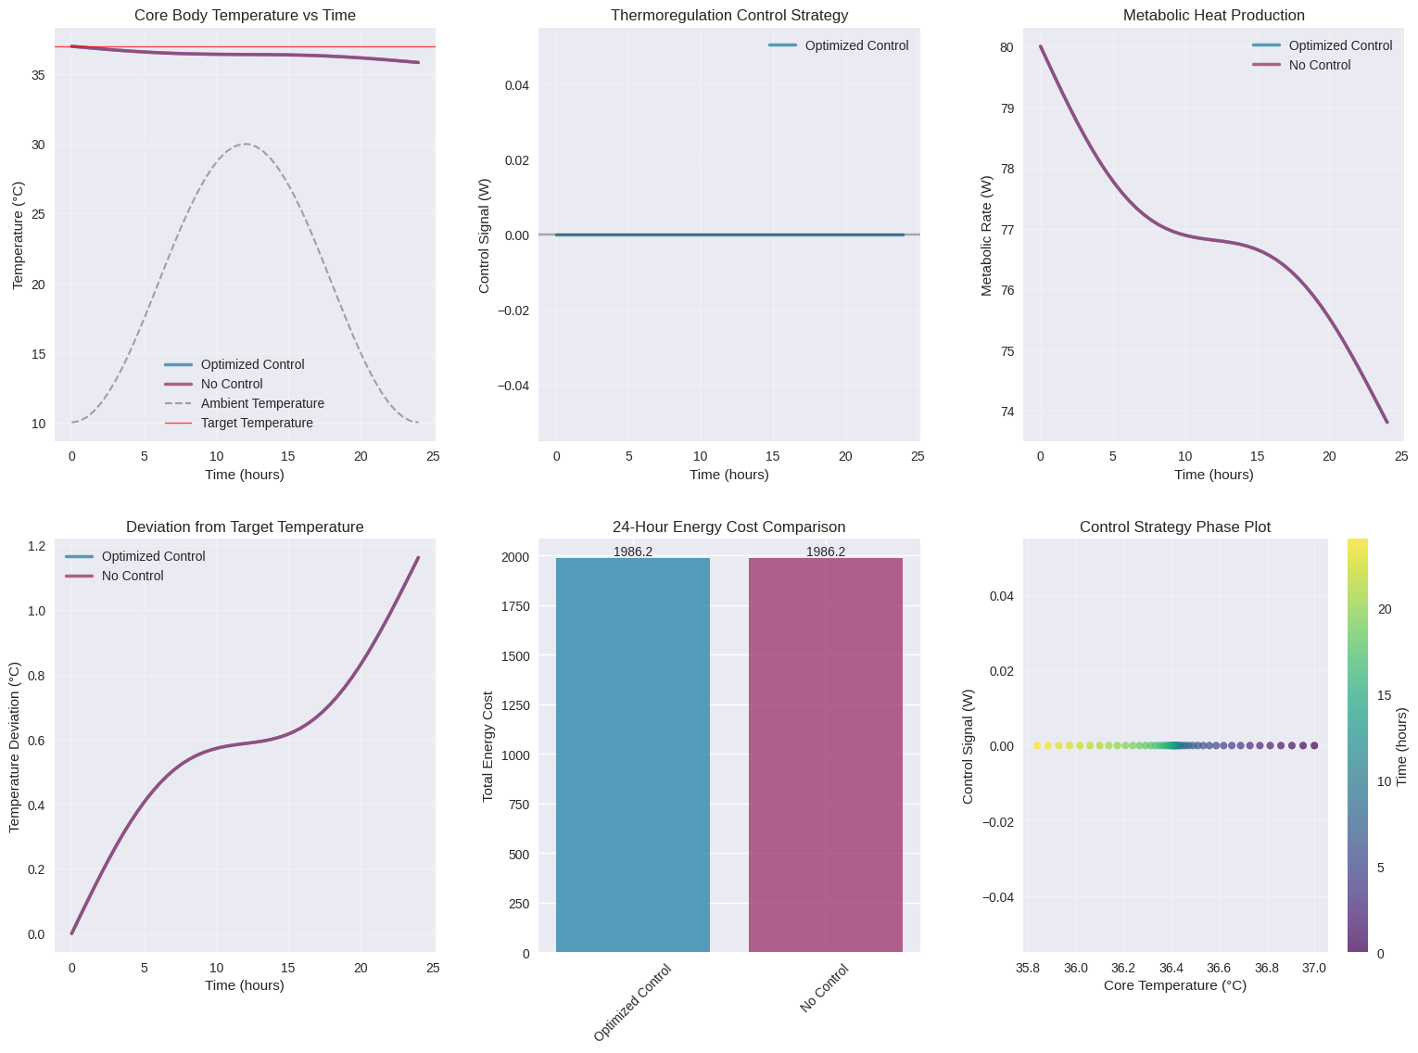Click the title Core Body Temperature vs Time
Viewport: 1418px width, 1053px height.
coord(245,16)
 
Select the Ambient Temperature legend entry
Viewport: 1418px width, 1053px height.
coord(262,403)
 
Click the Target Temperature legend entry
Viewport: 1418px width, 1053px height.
coord(257,423)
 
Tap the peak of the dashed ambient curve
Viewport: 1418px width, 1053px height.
coord(246,144)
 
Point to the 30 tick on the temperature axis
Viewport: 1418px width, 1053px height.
coord(39,145)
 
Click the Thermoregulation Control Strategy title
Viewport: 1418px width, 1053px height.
coord(729,16)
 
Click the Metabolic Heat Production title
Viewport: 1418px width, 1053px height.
coord(1213,16)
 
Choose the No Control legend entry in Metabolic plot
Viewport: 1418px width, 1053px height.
coord(1320,65)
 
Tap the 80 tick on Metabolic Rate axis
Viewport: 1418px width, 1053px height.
coord(1007,47)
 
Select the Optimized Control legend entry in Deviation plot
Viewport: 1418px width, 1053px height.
coord(153,556)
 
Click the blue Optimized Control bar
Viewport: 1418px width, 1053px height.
coord(633,755)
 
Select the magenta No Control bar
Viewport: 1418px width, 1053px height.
coord(826,755)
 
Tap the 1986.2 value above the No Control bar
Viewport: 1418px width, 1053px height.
coord(826,552)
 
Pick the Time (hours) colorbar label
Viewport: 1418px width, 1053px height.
coord(1401,746)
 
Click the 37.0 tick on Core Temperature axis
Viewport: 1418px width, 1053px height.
coord(1314,969)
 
